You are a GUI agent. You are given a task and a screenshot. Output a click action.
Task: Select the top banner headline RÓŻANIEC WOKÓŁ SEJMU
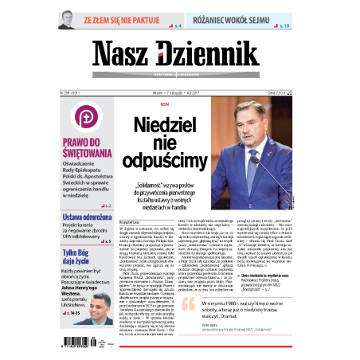(237, 16)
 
